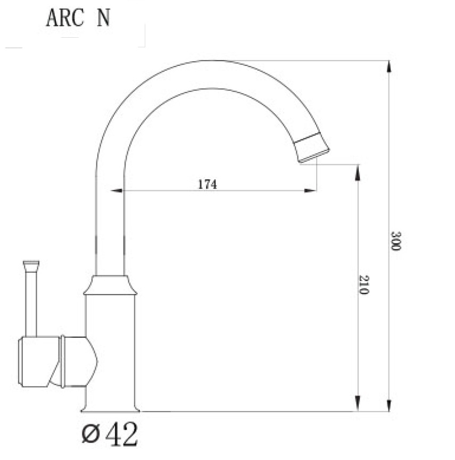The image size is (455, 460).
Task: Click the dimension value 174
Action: click(207, 184)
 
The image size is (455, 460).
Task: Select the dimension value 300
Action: click(396, 241)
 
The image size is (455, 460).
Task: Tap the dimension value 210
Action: click(364, 285)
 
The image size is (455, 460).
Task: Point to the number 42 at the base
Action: click(121, 434)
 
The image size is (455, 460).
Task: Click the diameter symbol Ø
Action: click(90, 434)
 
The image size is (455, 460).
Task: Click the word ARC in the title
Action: click(65, 18)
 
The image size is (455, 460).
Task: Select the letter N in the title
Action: click(103, 18)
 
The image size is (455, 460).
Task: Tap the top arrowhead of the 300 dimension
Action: click(389, 66)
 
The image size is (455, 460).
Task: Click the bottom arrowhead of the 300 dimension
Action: click(389, 405)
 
